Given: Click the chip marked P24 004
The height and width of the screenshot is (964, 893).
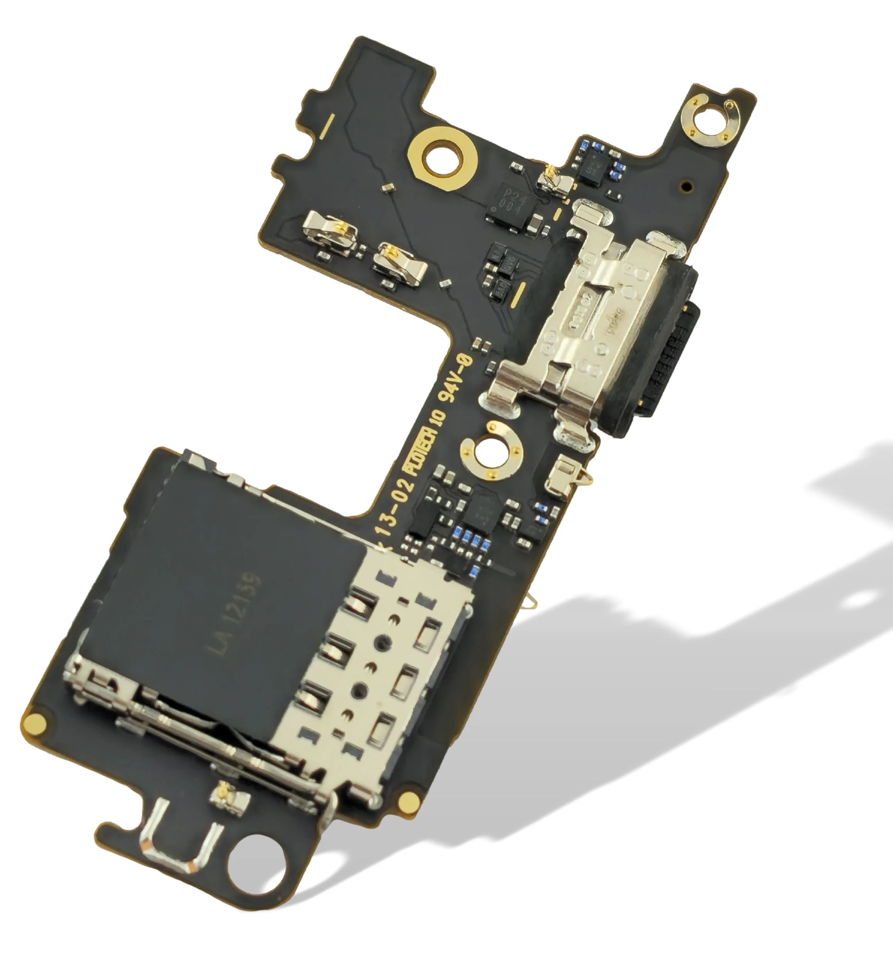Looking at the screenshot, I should click(511, 203).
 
